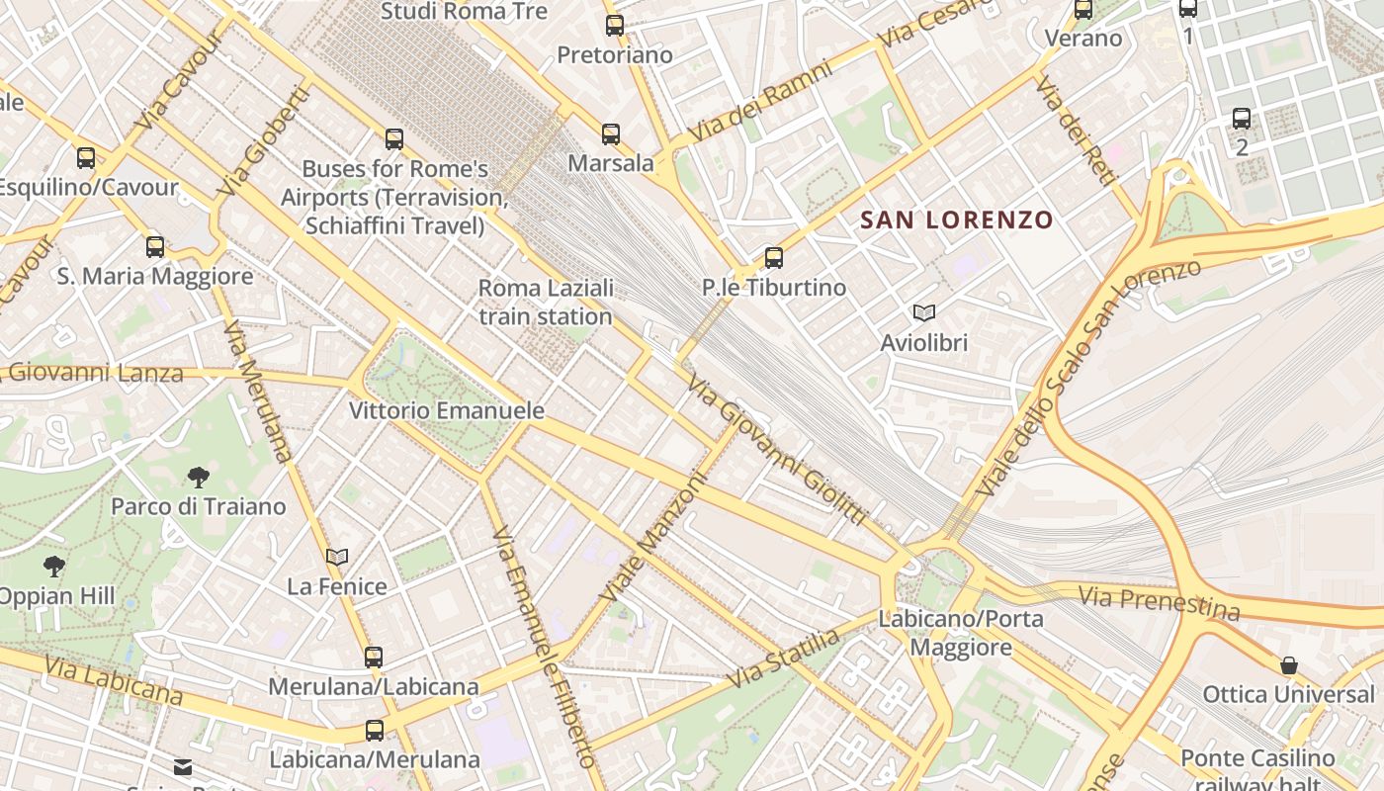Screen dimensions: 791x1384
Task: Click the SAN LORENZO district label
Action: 957,220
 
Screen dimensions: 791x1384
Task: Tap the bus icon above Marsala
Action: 611,133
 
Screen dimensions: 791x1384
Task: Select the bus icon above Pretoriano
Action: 615,26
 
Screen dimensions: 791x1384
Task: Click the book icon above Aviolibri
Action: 924,313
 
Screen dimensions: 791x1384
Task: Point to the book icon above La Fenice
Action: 337,557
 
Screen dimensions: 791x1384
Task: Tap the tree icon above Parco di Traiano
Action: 198,478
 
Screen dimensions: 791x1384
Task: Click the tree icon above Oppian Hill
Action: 54,567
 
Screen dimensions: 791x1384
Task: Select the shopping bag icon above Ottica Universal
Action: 1288,665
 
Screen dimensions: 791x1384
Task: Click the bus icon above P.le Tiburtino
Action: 774,258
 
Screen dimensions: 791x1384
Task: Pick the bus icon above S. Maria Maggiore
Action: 155,247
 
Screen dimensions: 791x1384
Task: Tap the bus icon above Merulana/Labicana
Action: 373,657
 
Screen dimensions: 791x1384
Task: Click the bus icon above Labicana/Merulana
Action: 374,731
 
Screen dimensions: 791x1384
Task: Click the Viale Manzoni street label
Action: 654,538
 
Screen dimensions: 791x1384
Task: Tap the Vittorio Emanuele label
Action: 447,409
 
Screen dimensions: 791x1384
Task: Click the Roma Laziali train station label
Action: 546,302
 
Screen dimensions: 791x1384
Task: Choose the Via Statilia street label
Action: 783,659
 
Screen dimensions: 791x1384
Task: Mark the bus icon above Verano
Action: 1083,10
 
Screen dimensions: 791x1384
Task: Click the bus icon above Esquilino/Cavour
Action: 86,157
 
